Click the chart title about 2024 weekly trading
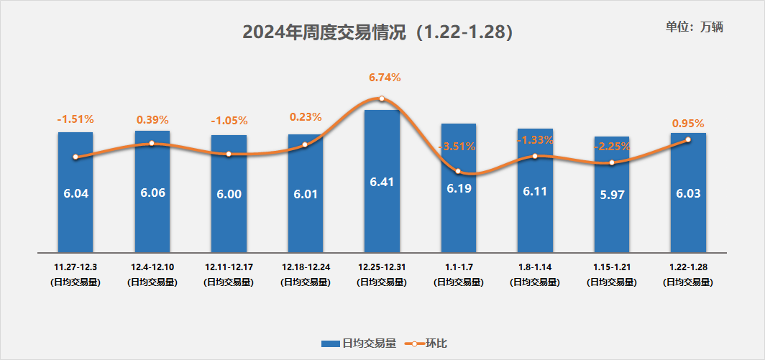point(377,32)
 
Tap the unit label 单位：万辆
point(695,27)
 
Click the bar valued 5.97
point(612,216)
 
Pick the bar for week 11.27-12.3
point(75,216)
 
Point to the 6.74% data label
point(384,78)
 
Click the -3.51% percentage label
point(457,147)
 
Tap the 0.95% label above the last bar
point(688,123)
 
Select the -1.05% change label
point(229,121)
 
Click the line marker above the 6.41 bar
point(382,98)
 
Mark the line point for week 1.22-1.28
point(688,139)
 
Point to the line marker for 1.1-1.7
point(459,171)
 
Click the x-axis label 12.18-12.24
point(306,267)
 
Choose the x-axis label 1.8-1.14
point(535,267)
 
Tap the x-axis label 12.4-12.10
point(152,267)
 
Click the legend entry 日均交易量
point(359,343)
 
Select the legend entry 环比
point(427,343)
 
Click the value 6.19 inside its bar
point(459,188)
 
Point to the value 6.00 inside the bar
point(229,194)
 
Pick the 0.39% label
point(152,119)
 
